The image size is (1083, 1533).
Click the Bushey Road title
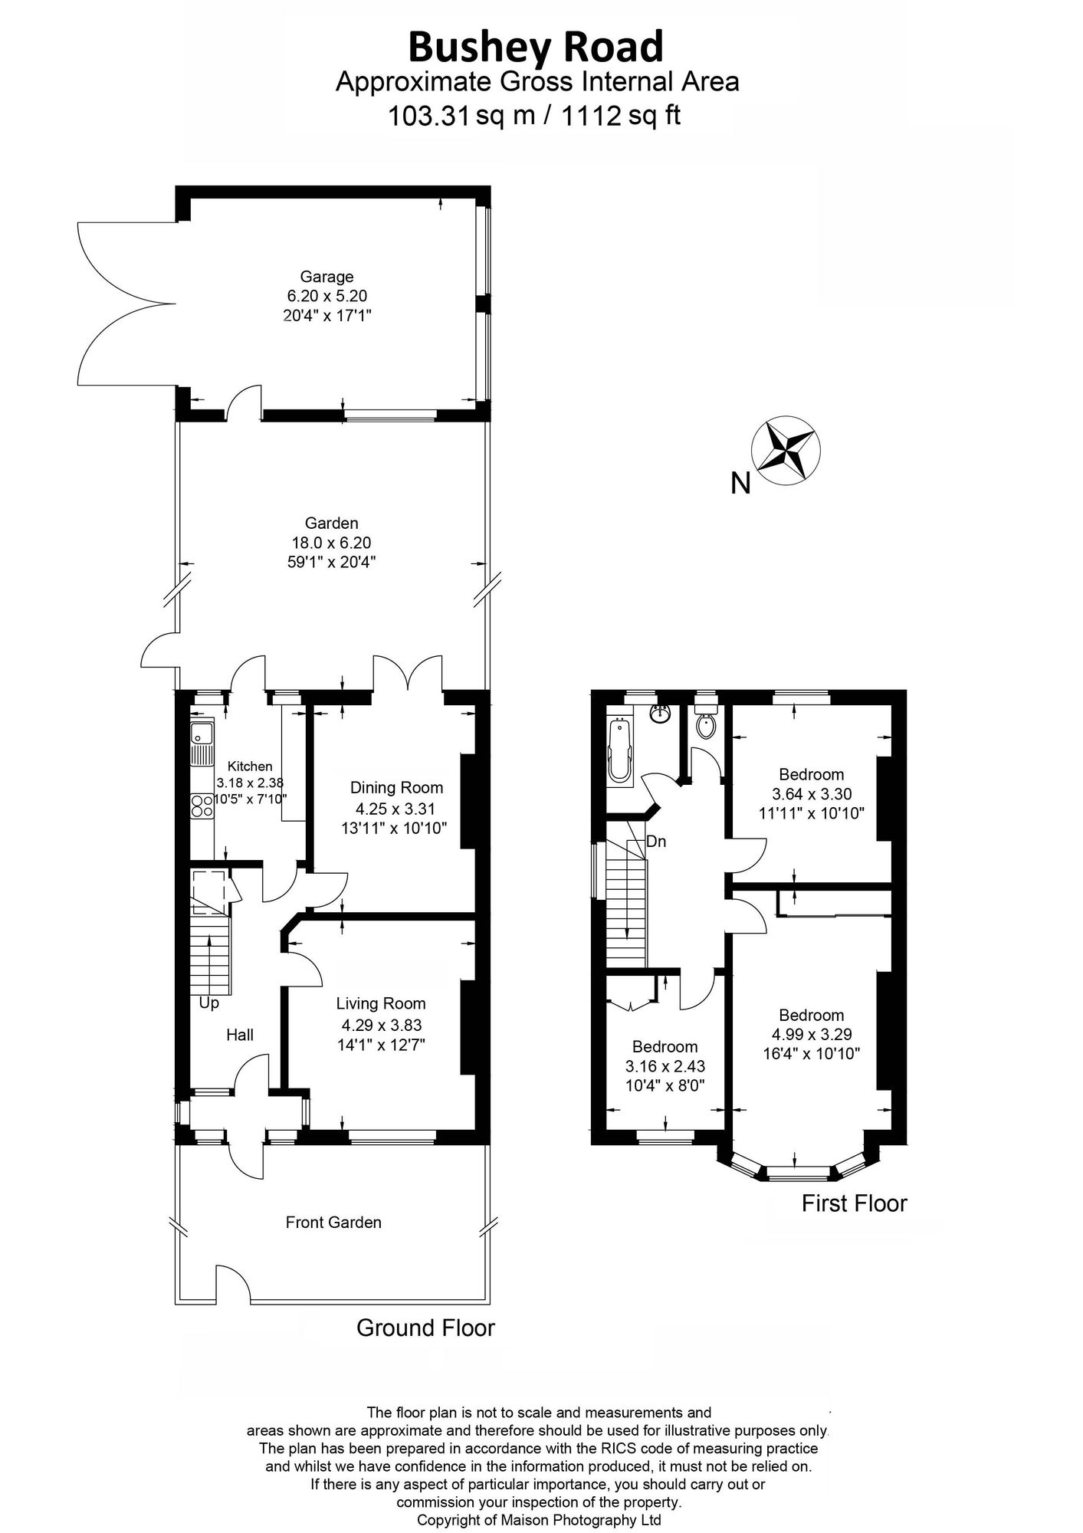(x=536, y=48)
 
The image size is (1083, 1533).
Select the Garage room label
(x=327, y=277)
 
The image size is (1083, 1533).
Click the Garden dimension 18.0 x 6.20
(x=331, y=543)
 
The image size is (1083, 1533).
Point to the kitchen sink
(x=202, y=744)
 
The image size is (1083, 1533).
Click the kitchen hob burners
(x=202, y=806)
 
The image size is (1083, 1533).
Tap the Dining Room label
(x=396, y=787)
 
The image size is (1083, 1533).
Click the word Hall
(x=239, y=1036)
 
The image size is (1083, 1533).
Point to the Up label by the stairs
(x=208, y=1003)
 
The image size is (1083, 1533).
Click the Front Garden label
(x=333, y=1223)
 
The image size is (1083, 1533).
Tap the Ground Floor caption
(x=425, y=1328)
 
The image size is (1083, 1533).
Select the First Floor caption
(x=854, y=1203)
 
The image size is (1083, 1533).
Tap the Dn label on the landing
(x=656, y=842)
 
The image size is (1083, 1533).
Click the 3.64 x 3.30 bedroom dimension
(x=811, y=794)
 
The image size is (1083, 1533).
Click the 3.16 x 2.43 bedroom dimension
(x=665, y=1066)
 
